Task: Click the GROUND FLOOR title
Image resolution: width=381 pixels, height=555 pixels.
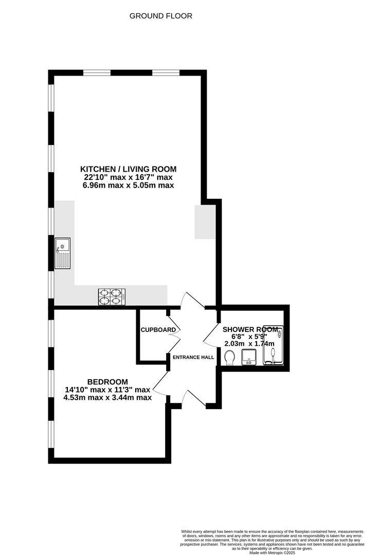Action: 161,16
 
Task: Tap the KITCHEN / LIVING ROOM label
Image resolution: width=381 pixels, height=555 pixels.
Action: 128,169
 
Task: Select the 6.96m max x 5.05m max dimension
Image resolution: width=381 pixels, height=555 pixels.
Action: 128,185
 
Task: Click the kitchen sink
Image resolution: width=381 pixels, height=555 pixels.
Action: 62,253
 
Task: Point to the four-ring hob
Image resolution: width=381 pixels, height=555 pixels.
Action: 112,297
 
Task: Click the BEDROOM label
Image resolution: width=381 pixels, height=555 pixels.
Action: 107,382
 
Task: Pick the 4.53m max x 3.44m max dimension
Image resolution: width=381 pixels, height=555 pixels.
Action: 107,397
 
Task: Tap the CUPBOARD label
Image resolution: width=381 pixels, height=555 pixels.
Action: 158,330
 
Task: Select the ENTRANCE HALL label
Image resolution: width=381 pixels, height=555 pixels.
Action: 193,357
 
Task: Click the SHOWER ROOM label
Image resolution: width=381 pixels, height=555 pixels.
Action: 250,329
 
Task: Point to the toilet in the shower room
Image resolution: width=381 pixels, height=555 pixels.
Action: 229,358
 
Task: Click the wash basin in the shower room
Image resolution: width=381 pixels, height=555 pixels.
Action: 249,357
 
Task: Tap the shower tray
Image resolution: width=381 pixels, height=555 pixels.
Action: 273,345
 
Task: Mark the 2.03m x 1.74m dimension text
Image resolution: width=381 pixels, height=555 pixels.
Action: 249,344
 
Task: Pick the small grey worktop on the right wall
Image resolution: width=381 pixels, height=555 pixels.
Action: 205,222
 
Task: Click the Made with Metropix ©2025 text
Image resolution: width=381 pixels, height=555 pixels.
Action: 272,552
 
